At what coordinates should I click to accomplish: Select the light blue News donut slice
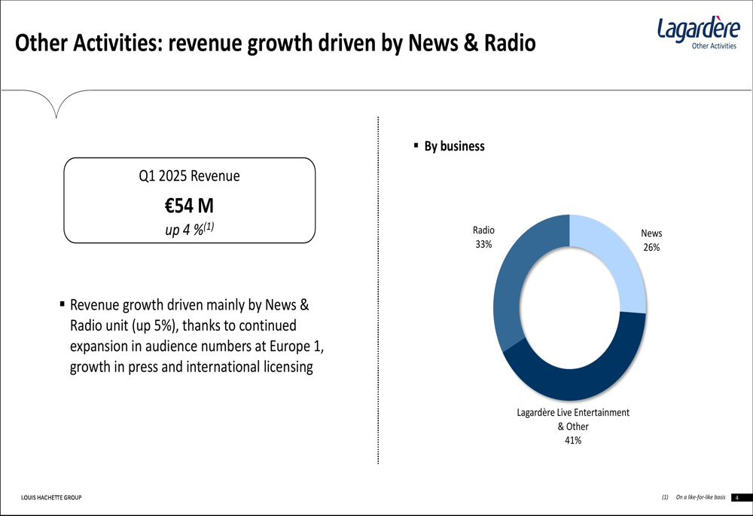617,260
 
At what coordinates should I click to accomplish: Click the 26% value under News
651,247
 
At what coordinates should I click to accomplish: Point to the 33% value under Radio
483,244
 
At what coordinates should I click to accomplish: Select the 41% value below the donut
572,441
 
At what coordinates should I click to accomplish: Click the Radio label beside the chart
483,231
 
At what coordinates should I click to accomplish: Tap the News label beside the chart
651,234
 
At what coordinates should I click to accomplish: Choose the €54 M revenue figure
189,204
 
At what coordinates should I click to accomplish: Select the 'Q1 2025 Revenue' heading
189,176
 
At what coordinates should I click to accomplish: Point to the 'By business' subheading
454,146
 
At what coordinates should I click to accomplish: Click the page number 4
737,498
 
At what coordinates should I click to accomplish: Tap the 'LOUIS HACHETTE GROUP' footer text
51,498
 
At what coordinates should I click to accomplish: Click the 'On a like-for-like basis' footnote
700,498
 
